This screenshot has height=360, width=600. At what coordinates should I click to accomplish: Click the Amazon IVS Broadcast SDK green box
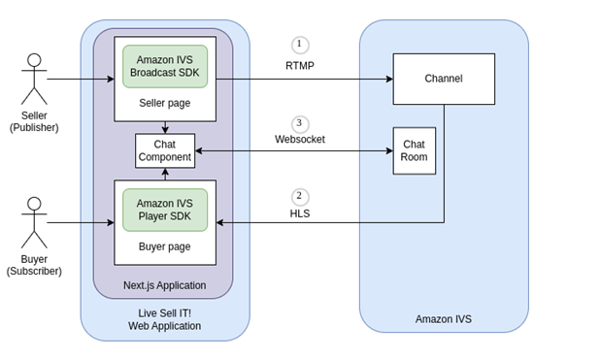[165, 66]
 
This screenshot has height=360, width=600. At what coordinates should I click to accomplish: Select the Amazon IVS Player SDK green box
[165, 210]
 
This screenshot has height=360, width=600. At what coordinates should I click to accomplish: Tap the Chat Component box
[165, 150]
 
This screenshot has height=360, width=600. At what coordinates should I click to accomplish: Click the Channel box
[444, 79]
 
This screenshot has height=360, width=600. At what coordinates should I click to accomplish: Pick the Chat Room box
[415, 150]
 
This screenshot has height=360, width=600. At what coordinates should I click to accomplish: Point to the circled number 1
[300, 45]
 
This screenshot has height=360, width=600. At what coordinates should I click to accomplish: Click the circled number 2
[300, 196]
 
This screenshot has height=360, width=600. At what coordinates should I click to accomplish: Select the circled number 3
[300, 124]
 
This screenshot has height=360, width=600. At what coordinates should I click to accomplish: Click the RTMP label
[300, 66]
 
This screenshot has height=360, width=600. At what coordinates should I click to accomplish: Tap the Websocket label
[300, 140]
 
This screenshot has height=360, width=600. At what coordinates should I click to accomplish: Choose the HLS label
[300, 213]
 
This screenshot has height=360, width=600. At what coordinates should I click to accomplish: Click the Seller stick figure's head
[34, 60]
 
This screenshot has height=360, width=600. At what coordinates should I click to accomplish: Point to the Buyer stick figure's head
[34, 204]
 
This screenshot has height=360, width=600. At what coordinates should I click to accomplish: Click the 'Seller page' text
[165, 103]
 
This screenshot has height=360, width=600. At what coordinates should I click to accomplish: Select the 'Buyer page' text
[165, 246]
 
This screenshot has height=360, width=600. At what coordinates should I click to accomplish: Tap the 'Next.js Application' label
[165, 285]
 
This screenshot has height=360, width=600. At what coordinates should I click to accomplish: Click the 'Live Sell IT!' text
[165, 312]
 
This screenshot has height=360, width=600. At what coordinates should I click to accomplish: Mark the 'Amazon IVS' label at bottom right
[444, 319]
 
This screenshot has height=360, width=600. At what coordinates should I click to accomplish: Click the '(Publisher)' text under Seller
[34, 127]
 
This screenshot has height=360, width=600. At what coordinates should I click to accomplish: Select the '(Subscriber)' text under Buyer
[34, 272]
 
